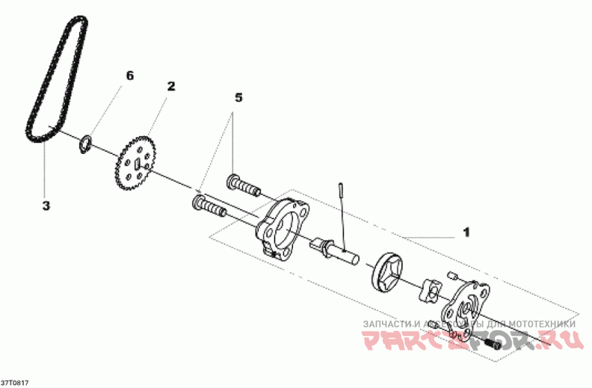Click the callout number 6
click(x=130, y=76)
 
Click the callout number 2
click(x=171, y=87)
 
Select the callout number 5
click(x=238, y=97)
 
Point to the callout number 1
click(x=466, y=232)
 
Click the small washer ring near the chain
click(x=86, y=141)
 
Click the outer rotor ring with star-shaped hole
click(x=389, y=272)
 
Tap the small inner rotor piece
click(x=430, y=291)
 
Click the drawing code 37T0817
click(x=15, y=381)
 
